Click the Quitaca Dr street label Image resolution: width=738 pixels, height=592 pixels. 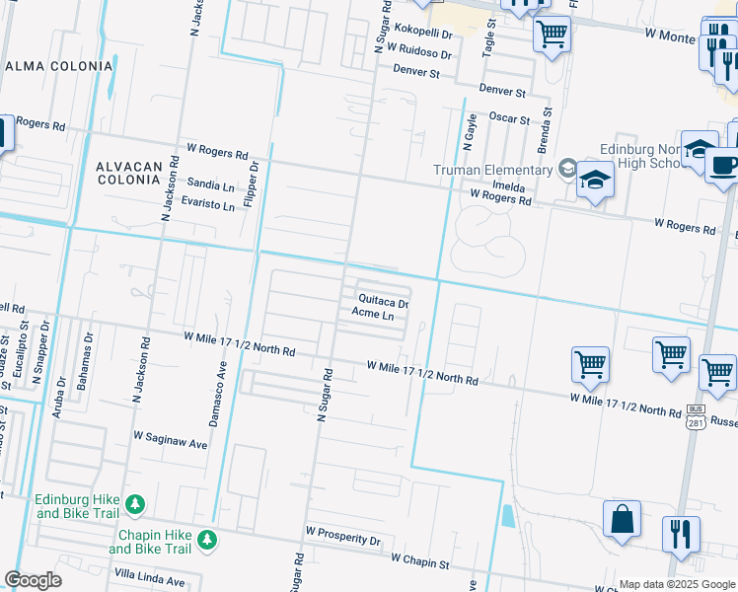pos(383,299)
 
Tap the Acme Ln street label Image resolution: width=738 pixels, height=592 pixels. pos(373,316)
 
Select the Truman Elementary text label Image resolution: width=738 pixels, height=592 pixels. pos(493,170)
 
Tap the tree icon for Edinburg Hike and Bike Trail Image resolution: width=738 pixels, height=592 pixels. pos(134,505)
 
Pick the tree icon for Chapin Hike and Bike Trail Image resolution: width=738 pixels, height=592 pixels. pos(206,539)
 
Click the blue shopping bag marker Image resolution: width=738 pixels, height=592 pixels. pos(623,520)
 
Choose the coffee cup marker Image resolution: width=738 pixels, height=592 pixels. pos(725,166)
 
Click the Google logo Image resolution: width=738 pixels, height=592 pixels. pos(33,580)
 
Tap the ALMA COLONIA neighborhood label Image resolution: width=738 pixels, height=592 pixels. pos(59,66)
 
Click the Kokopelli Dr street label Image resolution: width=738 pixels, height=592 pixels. pos(420,33)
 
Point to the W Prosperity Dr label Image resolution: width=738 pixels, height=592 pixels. pos(342,540)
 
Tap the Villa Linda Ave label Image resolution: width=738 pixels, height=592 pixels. pos(150,581)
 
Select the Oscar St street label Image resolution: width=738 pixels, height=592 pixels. pos(510,118)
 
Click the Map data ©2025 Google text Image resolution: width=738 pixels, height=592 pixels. pos(676,584)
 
